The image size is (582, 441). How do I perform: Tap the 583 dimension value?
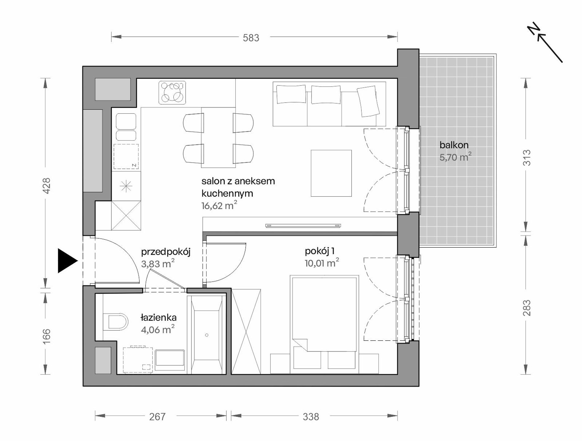(251, 38)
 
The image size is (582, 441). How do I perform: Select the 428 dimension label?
(46, 186)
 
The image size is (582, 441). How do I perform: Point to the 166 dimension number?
(46, 336)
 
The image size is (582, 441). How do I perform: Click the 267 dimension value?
(157, 417)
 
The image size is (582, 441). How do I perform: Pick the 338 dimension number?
(311, 417)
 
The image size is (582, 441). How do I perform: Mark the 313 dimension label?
(526, 157)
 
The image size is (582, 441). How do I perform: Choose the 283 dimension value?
(526, 308)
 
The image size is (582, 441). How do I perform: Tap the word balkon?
(454, 145)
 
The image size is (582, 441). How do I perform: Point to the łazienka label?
(158, 318)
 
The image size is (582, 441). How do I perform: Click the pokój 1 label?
(319, 251)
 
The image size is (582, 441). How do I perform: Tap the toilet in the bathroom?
(115, 322)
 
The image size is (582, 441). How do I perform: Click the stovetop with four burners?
(172, 92)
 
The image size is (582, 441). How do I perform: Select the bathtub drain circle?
(207, 335)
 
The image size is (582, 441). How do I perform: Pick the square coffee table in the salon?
(331, 173)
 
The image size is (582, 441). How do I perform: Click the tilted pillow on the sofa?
(368, 101)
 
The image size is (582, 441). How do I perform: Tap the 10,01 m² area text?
(322, 263)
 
